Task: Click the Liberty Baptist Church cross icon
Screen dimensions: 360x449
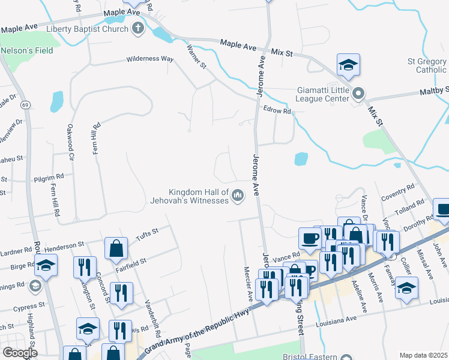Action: point(138,28)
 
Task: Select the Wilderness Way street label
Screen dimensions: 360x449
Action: point(149,59)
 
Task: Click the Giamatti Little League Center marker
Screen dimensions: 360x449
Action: point(359,94)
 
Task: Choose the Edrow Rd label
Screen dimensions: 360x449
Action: point(277,110)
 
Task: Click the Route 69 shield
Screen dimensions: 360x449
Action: point(25,105)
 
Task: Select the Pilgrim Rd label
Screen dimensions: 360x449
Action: point(49,177)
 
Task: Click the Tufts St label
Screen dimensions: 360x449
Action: point(146,233)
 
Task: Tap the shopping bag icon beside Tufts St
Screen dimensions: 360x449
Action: point(116,248)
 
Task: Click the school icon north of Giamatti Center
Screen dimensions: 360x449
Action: point(348,65)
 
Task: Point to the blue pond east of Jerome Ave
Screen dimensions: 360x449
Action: point(301,159)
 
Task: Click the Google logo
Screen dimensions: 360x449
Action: point(20,353)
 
